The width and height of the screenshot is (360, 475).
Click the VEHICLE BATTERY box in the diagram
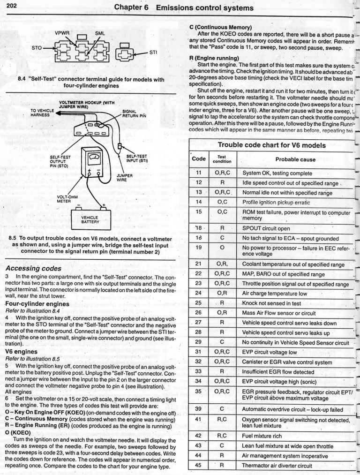click(x=90, y=220)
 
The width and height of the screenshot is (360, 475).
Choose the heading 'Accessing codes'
click(x=33, y=269)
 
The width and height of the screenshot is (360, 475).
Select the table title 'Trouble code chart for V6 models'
click(x=272, y=145)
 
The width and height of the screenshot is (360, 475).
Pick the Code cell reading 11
click(x=198, y=173)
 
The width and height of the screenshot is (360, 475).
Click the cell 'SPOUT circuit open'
click(x=268, y=228)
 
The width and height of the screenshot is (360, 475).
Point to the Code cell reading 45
click(x=198, y=466)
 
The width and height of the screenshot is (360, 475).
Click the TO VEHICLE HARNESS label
click(x=41, y=112)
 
